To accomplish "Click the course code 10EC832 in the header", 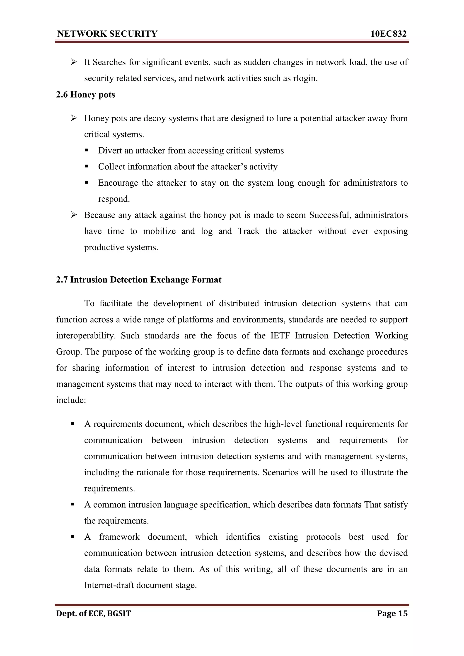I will coord(388,34).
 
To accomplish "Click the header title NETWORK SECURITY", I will coord(107,34).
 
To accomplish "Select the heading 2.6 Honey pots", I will coord(85,95).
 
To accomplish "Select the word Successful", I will coord(330,215).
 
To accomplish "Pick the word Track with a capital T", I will coord(249,231).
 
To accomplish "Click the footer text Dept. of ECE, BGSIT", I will coord(94,613).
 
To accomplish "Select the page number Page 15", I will coord(392,613).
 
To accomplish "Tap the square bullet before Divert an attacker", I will coord(86,150).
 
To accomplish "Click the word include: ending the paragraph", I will coord(71,400).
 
